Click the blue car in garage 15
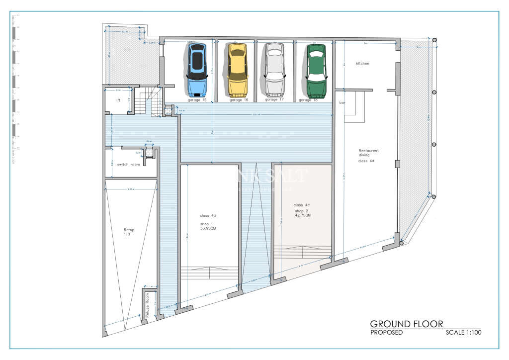[197, 70]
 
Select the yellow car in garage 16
[237, 70]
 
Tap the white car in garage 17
[274, 70]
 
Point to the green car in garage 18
[316, 71]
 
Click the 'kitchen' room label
[362, 64]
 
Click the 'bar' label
[342, 102]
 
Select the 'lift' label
[118, 100]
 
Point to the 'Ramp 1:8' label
[129, 232]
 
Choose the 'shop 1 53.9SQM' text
[208, 226]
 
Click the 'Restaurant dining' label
[369, 153]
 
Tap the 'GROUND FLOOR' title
[406, 324]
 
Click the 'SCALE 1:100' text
[463, 333]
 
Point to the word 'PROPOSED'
[386, 333]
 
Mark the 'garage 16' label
[239, 100]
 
